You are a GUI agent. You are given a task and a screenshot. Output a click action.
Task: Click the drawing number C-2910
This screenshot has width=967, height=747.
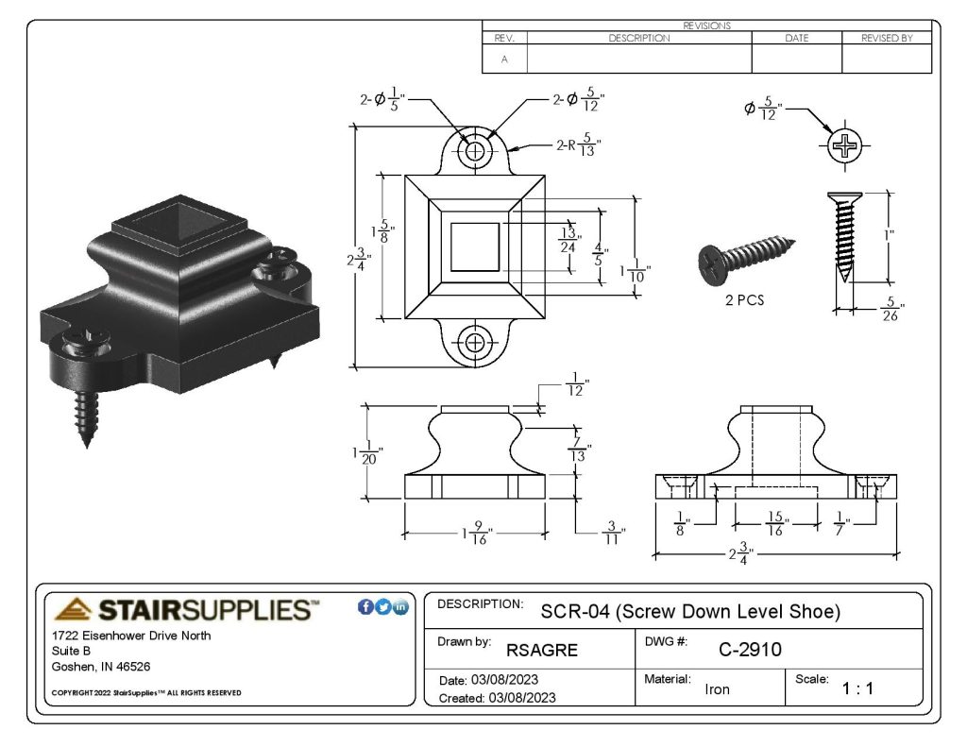tap(750, 650)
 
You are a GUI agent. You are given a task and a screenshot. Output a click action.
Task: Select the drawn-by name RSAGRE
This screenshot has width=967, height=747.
tap(541, 650)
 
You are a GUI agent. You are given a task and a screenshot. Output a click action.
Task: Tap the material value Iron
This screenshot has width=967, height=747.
tap(717, 689)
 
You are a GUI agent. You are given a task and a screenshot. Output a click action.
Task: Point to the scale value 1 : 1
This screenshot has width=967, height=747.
tap(857, 688)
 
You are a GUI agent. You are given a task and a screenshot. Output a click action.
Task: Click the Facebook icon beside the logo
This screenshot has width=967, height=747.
tap(365, 607)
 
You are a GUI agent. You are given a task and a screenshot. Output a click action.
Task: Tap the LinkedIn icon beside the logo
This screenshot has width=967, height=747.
tap(400, 607)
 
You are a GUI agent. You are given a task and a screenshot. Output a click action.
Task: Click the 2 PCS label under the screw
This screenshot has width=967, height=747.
tap(744, 300)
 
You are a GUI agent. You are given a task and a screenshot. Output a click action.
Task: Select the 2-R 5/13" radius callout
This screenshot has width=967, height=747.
tap(579, 144)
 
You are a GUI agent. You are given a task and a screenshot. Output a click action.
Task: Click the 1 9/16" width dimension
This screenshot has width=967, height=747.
tap(477, 533)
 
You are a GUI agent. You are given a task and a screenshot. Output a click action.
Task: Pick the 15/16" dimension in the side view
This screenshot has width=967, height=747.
tap(776, 524)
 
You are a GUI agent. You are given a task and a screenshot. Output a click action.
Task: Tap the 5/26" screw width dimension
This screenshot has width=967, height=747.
tap(891, 309)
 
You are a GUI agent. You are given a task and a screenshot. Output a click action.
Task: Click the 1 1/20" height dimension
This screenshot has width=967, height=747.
tap(367, 452)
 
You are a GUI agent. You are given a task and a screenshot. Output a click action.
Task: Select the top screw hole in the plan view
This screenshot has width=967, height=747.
tap(475, 150)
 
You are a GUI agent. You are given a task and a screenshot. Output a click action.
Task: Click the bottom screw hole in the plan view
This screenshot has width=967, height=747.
tap(475, 343)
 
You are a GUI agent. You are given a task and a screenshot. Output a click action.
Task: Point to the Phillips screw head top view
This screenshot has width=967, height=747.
tap(844, 146)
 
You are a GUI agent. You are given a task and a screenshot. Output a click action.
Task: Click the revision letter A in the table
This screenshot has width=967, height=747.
tap(504, 59)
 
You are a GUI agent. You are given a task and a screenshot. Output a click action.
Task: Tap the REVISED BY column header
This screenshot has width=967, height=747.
tap(887, 38)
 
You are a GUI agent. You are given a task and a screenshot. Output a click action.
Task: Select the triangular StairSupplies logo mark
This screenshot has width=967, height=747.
tap(73, 609)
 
